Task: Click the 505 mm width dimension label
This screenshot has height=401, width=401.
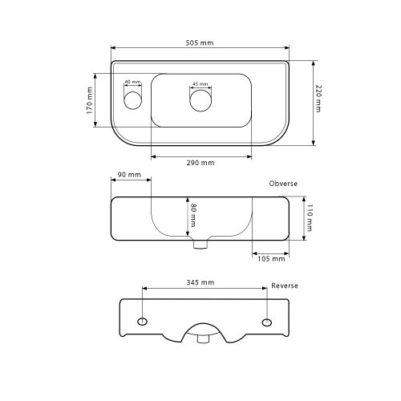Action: click(200, 43)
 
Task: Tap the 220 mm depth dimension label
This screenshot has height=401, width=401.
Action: click(318, 99)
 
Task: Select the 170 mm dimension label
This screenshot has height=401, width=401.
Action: click(90, 100)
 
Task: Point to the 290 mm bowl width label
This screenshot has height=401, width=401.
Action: click(200, 163)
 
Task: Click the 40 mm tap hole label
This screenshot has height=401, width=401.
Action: click(132, 82)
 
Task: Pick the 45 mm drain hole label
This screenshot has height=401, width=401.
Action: click(200, 84)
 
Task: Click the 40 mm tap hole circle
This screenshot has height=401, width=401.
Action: click(133, 100)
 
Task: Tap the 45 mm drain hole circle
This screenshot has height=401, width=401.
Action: click(200, 100)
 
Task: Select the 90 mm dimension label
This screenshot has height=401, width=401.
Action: click(129, 175)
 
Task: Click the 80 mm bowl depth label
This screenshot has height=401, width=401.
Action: click(193, 215)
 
